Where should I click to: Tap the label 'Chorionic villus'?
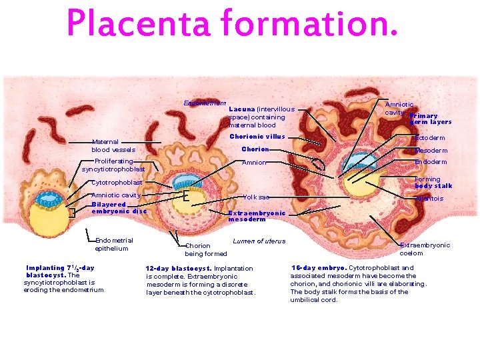(x=257, y=137)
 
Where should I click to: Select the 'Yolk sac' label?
(x=256, y=197)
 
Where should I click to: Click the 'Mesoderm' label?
(x=431, y=151)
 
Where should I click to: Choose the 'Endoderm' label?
(x=431, y=162)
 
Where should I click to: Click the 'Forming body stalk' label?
(x=433, y=183)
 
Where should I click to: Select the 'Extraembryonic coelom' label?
(x=425, y=249)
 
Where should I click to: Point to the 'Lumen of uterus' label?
(x=259, y=241)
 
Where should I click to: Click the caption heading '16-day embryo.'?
(x=318, y=268)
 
